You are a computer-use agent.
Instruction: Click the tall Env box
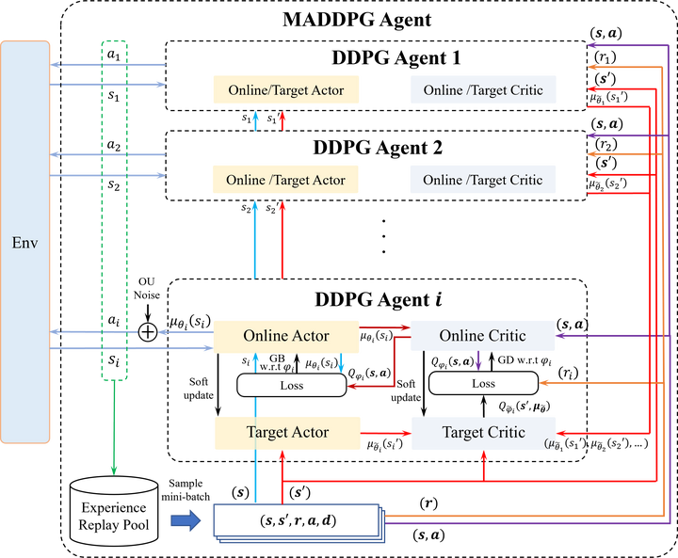tap(25, 242)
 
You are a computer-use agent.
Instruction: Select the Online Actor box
tap(286, 336)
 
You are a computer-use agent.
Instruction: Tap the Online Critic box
tap(482, 336)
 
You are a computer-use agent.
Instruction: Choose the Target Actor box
tap(287, 433)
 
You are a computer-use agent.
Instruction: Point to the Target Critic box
tap(483, 433)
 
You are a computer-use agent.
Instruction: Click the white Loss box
tap(291, 385)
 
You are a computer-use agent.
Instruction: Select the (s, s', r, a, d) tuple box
tap(297, 520)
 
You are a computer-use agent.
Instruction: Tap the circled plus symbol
tap(148, 331)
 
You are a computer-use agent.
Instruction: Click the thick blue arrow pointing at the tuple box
tap(186, 520)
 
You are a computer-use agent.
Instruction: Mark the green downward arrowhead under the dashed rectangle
tap(114, 468)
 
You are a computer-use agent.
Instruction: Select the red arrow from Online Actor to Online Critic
tap(384, 327)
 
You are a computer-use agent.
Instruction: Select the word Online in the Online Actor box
tap(266, 336)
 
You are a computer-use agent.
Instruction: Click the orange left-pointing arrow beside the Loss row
tap(565, 382)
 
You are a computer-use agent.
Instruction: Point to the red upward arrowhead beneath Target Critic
tap(484, 456)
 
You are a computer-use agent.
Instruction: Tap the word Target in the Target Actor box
tap(266, 433)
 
